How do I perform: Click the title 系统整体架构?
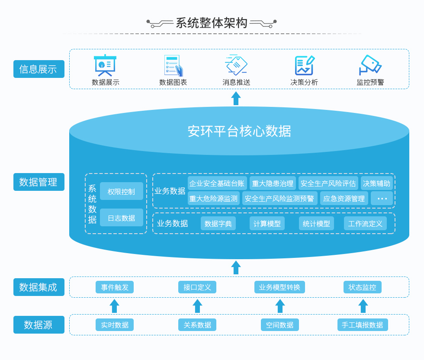point(212,23)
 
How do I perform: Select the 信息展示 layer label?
point(39,69)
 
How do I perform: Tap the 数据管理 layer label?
point(39,182)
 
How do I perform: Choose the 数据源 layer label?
point(39,325)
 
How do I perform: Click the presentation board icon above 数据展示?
point(105,65)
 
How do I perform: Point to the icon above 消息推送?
point(236,65)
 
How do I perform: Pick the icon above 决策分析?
point(304,65)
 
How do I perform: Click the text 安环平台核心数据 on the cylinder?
point(239,131)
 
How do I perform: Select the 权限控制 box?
point(122,191)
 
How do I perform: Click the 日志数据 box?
point(122,218)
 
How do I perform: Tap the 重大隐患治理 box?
point(273,183)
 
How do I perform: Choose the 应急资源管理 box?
point(344,199)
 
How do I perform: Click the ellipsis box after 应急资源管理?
point(382,199)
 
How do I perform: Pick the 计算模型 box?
point(267,224)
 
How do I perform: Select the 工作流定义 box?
point(365,224)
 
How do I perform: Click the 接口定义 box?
point(197,287)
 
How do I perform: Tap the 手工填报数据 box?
point(363,325)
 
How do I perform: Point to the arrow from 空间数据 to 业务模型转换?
point(280,306)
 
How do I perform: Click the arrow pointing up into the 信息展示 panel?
point(236,98)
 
